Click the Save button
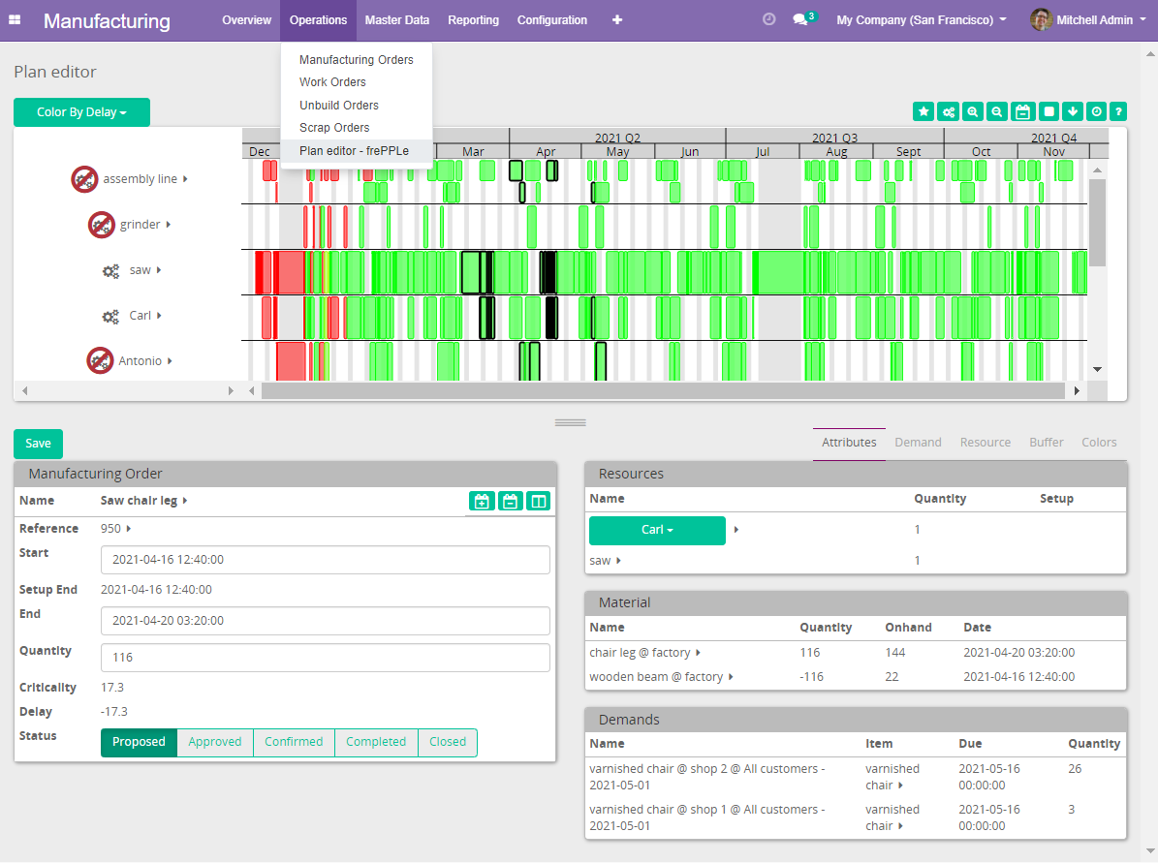pyautogui.click(x=38, y=444)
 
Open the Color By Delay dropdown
pyautogui.click(x=81, y=112)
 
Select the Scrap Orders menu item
pyautogui.click(x=334, y=128)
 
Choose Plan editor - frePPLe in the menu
pyautogui.click(x=354, y=151)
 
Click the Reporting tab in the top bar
pyautogui.click(x=474, y=20)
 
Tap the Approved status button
pyautogui.click(x=215, y=742)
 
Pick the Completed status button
pyautogui.click(x=376, y=742)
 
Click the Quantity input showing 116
pyautogui.click(x=325, y=658)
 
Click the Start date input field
pyautogui.click(x=325, y=560)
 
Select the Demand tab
pyautogui.click(x=918, y=443)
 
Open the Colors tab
pyautogui.click(x=1099, y=443)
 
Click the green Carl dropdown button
pyautogui.click(x=657, y=530)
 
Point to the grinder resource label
pyautogui.click(x=140, y=225)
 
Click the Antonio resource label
pyautogui.click(x=140, y=361)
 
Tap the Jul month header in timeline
pyautogui.click(x=762, y=152)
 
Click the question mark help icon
pyautogui.click(x=1117, y=111)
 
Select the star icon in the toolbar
pyautogui.click(x=923, y=111)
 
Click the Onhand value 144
pyautogui.click(x=894, y=653)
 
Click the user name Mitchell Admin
pyautogui.click(x=1095, y=20)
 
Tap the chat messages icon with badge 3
pyautogui.click(x=800, y=19)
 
